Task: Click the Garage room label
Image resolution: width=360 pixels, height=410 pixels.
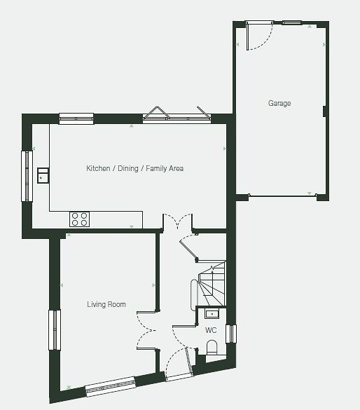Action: pyautogui.click(x=279, y=103)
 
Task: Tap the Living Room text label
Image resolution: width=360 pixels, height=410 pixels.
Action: pyautogui.click(x=106, y=304)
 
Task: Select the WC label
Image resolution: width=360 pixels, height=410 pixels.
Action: pyautogui.click(x=211, y=330)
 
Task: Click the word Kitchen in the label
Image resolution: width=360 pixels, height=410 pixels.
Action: pyautogui.click(x=98, y=168)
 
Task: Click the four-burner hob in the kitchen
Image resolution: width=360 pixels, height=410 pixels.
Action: pyautogui.click(x=79, y=219)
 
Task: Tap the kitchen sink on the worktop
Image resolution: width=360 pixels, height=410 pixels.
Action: pyautogui.click(x=43, y=175)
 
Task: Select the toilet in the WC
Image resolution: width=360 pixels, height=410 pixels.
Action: pyautogui.click(x=212, y=348)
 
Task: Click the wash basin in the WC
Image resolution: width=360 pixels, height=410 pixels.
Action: pyautogui.click(x=212, y=313)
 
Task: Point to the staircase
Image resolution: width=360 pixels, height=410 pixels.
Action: pyautogui.click(x=212, y=283)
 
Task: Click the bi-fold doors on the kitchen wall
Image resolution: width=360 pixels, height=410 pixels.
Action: pyautogui.click(x=177, y=115)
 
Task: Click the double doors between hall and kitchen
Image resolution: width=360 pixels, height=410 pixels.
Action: pyautogui.click(x=178, y=221)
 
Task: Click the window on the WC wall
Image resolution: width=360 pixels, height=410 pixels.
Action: pyautogui.click(x=231, y=334)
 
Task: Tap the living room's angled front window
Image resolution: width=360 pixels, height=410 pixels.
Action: pyautogui.click(x=111, y=386)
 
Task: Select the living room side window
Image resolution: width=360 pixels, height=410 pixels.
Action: pyautogui.click(x=55, y=329)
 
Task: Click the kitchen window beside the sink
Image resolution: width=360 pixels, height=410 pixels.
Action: pyautogui.click(x=27, y=176)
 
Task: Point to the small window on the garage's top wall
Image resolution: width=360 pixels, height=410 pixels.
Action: pyautogui.click(x=292, y=22)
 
